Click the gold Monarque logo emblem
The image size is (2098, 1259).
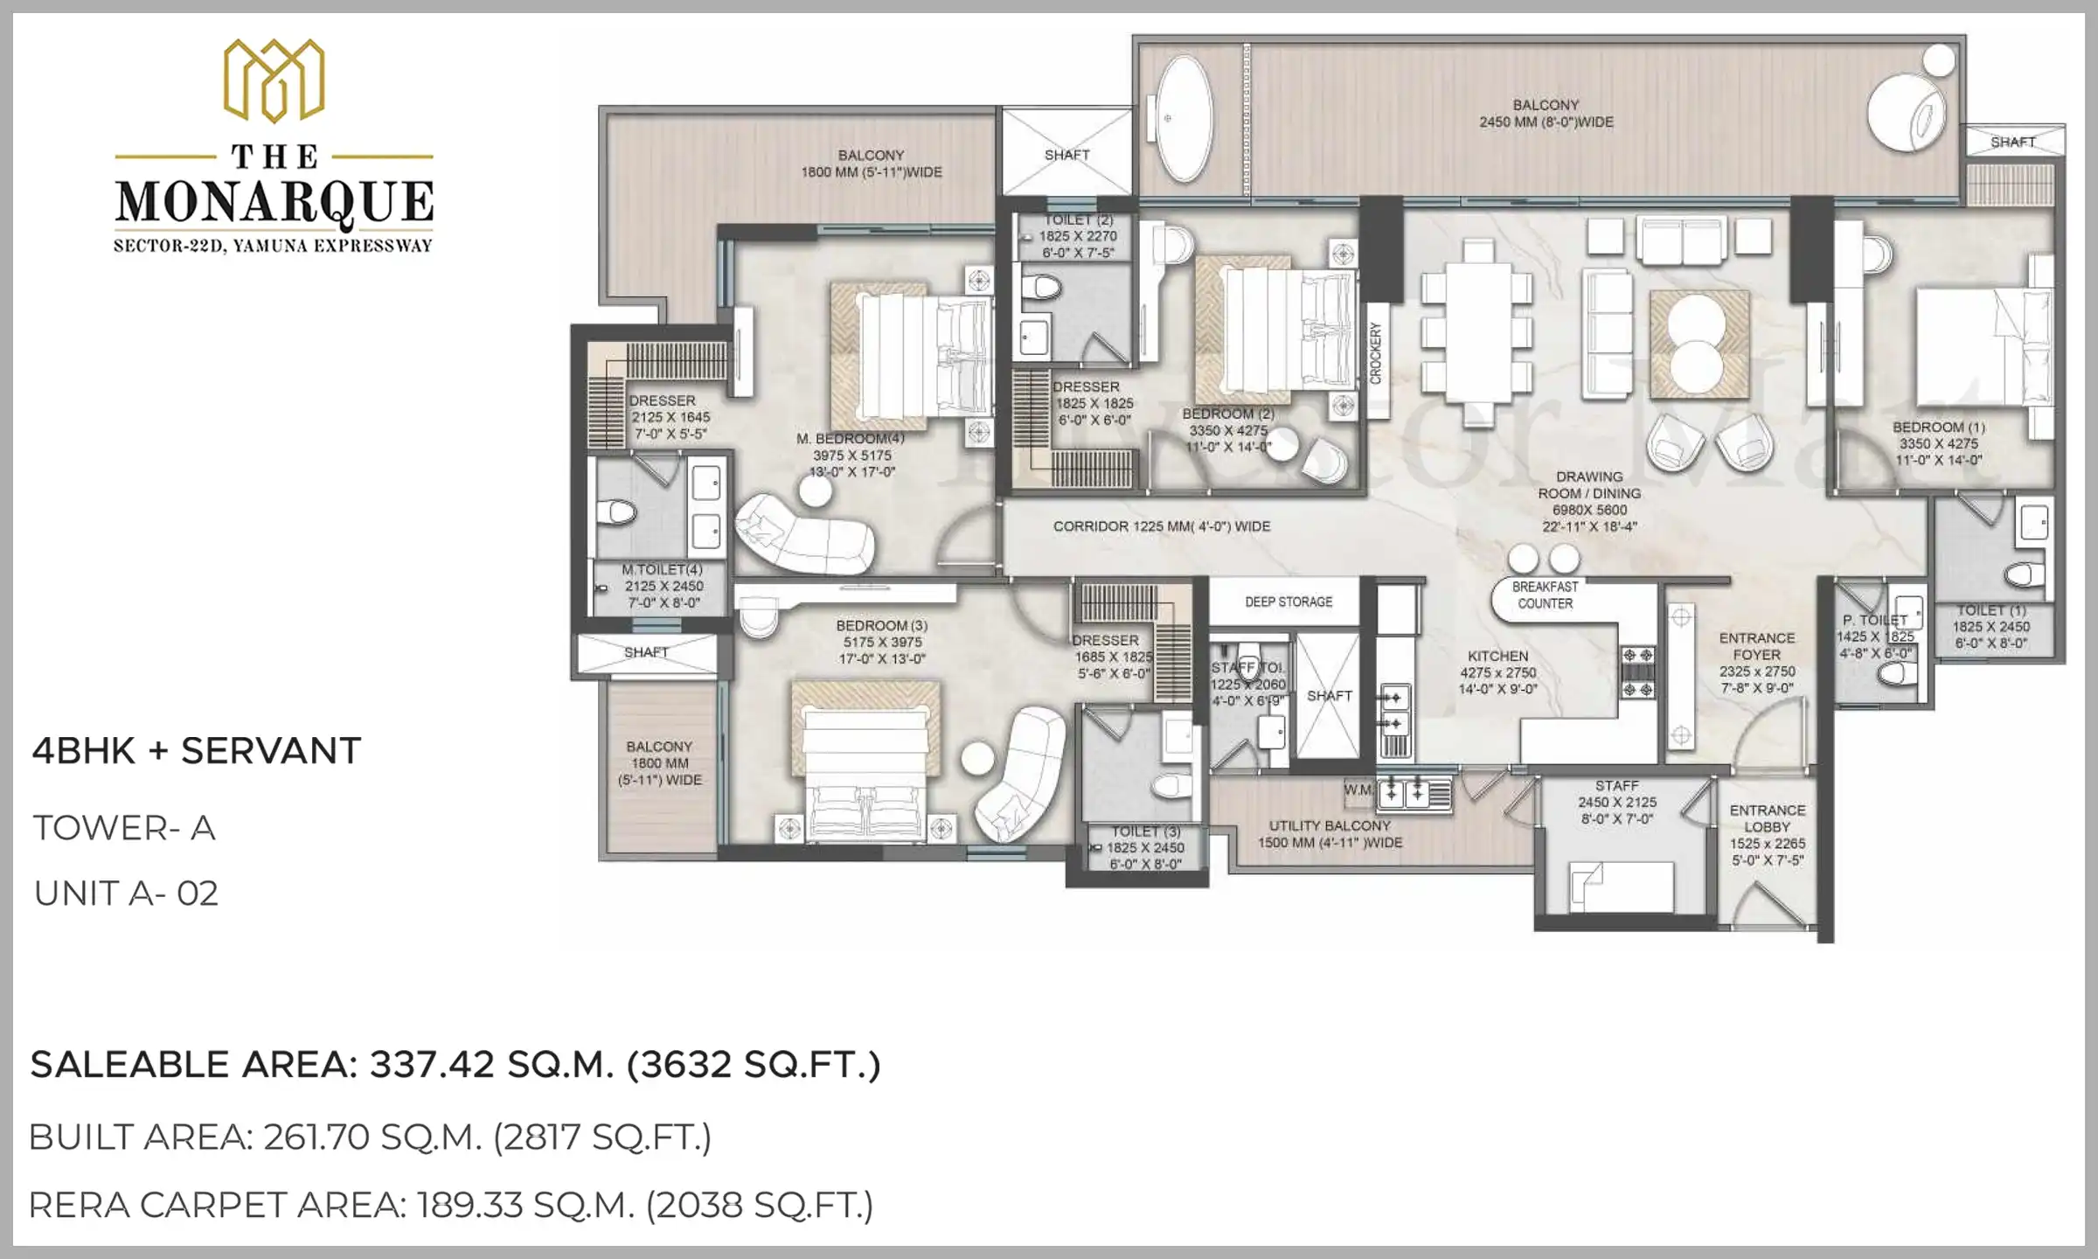[x=274, y=80]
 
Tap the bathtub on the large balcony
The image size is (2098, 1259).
[x=1184, y=119]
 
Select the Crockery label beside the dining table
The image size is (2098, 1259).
[x=1376, y=352]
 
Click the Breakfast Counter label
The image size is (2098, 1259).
[x=1545, y=595]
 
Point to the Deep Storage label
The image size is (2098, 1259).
[x=1289, y=602]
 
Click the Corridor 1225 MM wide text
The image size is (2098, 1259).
[x=1161, y=526]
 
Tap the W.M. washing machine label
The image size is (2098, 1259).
[x=1358, y=790]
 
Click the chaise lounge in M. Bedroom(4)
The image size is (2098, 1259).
[x=804, y=532]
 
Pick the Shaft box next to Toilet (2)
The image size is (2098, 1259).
[x=1066, y=154]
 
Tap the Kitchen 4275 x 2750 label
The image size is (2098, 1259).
[x=1497, y=671]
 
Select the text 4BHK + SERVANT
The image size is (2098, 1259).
[x=196, y=751]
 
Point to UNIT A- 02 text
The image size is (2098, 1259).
[x=126, y=894]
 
